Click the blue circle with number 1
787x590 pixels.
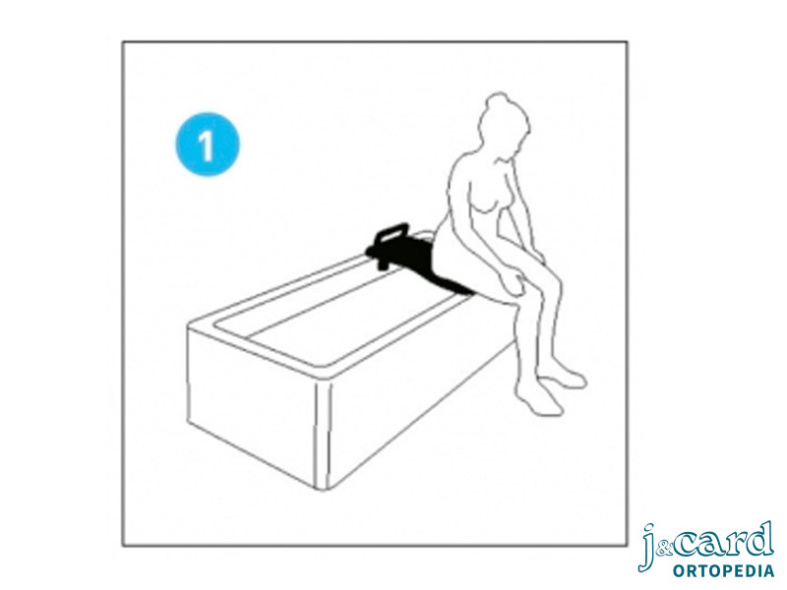click(x=208, y=144)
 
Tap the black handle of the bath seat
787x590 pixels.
click(x=392, y=233)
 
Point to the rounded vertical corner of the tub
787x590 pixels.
click(x=323, y=436)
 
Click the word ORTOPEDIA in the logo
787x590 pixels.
click(x=723, y=570)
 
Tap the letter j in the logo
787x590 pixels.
click(x=648, y=547)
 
